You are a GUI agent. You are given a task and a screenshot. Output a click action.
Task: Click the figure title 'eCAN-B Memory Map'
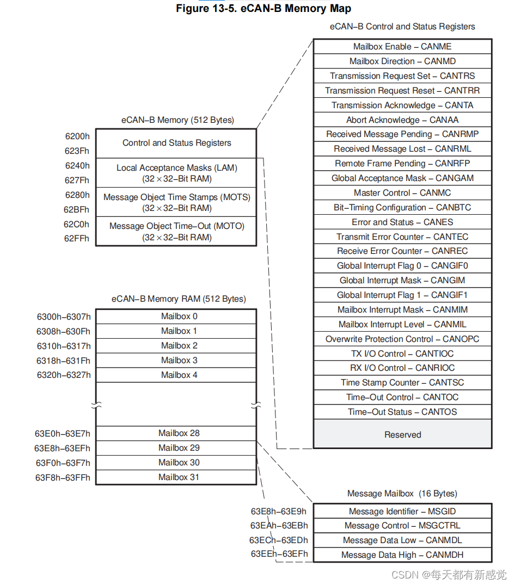pyautogui.click(x=263, y=9)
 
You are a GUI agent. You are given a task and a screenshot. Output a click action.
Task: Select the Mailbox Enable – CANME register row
pyautogui.click(x=402, y=47)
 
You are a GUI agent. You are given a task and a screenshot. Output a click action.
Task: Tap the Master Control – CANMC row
pyautogui.click(x=402, y=193)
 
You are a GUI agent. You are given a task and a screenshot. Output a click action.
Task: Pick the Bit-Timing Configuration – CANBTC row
pyautogui.click(x=402, y=208)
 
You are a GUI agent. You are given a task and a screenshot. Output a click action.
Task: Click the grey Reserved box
pyautogui.click(x=402, y=434)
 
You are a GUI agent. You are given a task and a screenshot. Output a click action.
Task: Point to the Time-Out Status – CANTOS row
pyautogui.click(x=402, y=412)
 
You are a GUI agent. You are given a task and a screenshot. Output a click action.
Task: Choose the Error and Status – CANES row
pyautogui.click(x=402, y=222)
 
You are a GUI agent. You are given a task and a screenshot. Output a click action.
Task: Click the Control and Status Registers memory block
pyautogui.click(x=176, y=143)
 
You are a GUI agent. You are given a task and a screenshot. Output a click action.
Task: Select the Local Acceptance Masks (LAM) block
pyautogui.click(x=176, y=173)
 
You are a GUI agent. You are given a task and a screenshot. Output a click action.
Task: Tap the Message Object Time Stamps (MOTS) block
pyautogui.click(x=176, y=202)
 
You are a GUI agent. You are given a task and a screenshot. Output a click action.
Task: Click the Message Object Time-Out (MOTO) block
pyautogui.click(x=176, y=232)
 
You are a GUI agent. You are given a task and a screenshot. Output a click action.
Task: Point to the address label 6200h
pyautogui.click(x=77, y=136)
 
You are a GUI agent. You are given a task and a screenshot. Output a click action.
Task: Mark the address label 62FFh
pyautogui.click(x=77, y=239)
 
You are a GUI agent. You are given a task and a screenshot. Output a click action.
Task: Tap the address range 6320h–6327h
pyautogui.click(x=64, y=375)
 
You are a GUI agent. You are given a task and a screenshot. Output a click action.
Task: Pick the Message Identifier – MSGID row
pyautogui.click(x=402, y=511)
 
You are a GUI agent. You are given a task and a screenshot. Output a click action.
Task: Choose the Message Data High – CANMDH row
pyautogui.click(x=402, y=555)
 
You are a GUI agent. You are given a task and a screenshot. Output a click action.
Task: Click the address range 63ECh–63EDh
pyautogui.click(x=279, y=540)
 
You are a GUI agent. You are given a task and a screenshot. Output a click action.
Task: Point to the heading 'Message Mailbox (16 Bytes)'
pyautogui.click(x=402, y=494)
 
